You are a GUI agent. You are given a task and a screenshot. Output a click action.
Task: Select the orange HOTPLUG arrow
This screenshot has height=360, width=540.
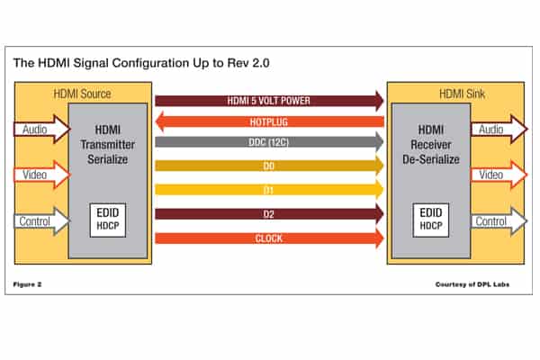269,120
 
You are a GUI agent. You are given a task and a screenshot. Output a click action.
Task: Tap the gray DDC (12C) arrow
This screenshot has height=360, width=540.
269,143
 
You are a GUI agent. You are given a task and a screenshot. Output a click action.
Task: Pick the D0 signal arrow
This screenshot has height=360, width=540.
269,166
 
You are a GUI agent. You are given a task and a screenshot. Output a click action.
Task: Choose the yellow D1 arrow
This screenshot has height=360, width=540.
269,190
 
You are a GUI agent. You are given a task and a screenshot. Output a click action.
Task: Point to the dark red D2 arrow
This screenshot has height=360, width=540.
269,214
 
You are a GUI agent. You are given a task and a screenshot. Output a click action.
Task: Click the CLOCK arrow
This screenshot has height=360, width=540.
269,238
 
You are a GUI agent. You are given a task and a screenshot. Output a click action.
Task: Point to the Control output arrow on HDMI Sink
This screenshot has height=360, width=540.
496,219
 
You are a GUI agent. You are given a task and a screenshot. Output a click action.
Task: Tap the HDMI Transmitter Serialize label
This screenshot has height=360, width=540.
107,145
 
